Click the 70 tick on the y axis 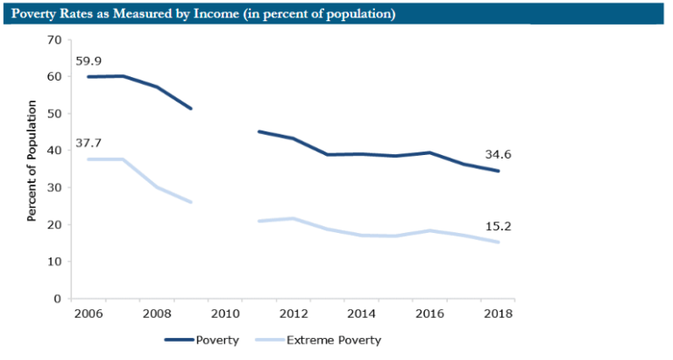click(53, 40)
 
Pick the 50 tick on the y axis click(53, 114)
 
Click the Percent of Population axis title click(32, 160)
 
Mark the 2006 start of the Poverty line click(89, 77)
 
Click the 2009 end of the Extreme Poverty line click(191, 202)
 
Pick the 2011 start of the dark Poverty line click(259, 131)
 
